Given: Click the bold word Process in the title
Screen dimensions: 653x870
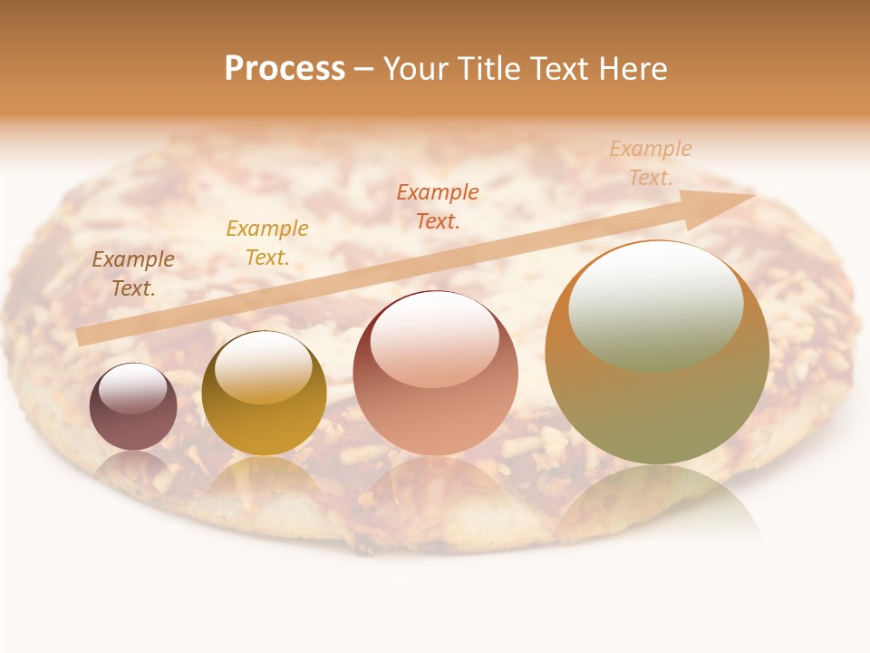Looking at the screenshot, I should coord(285,69).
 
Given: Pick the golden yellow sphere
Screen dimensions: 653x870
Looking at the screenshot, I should coord(264,394).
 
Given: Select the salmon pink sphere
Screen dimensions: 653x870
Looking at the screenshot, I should coord(435,373).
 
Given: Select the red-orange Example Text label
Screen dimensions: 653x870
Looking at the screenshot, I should coord(438,206).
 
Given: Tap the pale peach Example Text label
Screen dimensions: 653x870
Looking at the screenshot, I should coord(650,163).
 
